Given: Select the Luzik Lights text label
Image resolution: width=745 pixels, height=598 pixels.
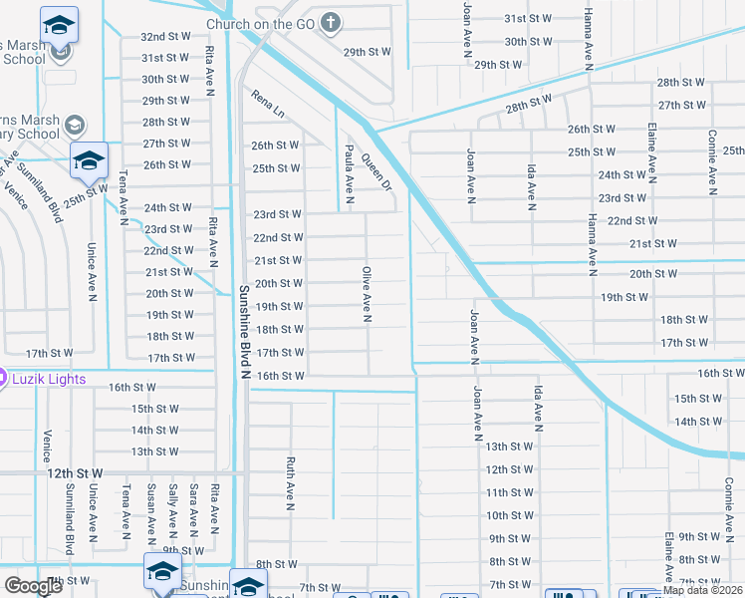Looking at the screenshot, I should (49, 379).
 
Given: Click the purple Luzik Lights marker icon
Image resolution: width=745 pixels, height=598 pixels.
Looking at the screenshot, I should (3, 379).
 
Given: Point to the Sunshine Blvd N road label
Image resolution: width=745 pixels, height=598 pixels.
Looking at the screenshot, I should (243, 333).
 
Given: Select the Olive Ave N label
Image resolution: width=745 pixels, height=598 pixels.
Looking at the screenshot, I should (367, 294).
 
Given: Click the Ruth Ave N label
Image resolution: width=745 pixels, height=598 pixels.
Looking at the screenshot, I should (291, 484).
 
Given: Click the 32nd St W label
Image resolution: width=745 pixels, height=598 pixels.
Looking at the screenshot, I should (165, 35).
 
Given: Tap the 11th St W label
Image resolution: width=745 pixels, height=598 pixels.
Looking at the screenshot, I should (509, 493).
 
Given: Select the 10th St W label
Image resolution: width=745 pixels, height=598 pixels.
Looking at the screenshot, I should (509, 516).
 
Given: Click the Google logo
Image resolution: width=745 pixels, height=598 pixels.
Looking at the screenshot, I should (34, 586).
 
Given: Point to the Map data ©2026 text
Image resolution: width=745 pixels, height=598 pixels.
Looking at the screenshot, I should (703, 590).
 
